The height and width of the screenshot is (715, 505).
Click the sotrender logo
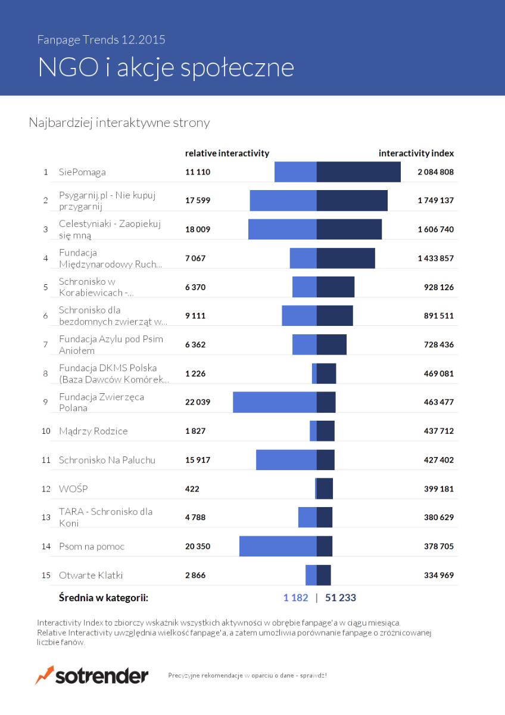pyautogui.click(x=92, y=675)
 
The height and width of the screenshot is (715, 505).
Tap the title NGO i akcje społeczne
pyautogui.click(x=166, y=67)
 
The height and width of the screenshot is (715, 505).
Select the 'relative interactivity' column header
pyautogui.click(x=227, y=153)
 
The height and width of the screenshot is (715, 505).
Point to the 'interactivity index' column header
pyautogui.click(x=416, y=153)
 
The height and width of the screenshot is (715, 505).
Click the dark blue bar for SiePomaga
pyautogui.click(x=359, y=172)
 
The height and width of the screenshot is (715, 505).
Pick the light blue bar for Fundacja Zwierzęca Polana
pyautogui.click(x=275, y=402)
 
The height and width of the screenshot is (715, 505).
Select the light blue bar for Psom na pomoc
pyautogui.click(x=278, y=546)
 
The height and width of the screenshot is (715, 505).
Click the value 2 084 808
pyautogui.click(x=435, y=172)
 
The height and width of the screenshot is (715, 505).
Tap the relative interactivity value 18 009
pyautogui.click(x=198, y=229)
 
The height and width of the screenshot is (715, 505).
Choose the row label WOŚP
pyautogui.click(x=73, y=489)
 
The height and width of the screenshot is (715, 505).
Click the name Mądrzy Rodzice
pyautogui.click(x=93, y=431)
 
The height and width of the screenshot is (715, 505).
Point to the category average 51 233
pyautogui.click(x=341, y=598)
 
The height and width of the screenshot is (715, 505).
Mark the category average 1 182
pyautogui.click(x=296, y=598)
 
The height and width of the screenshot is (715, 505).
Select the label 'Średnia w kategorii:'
pyautogui.click(x=104, y=598)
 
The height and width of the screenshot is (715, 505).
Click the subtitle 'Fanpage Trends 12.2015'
pyautogui.click(x=101, y=39)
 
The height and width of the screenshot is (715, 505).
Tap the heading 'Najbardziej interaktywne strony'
pyautogui.click(x=119, y=123)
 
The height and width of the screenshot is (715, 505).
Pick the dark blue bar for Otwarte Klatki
pyautogui.click(x=324, y=575)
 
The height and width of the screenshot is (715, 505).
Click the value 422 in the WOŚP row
pyautogui.click(x=192, y=489)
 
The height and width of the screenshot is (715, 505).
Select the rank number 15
pyautogui.click(x=46, y=575)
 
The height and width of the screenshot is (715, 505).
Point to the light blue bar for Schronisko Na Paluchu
pyautogui.click(x=286, y=459)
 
